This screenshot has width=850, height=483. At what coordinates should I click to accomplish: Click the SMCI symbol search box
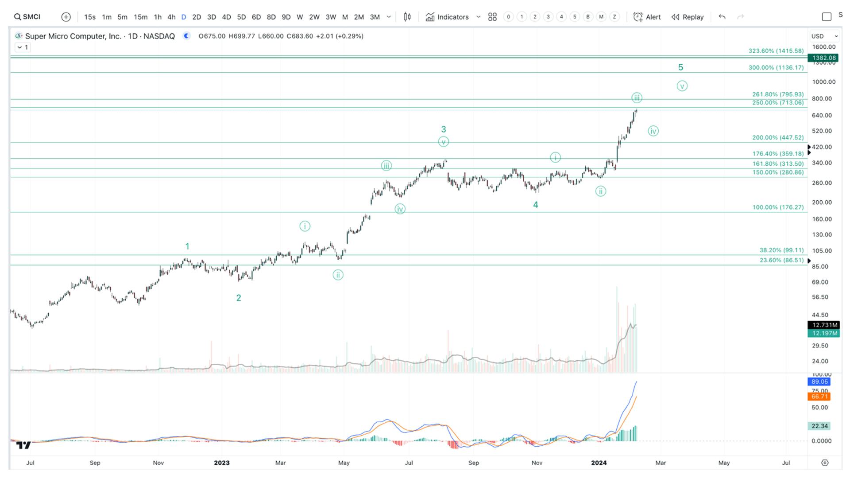point(27,17)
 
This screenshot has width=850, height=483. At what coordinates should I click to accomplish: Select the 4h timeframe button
point(171,17)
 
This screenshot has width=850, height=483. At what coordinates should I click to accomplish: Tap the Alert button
point(647,17)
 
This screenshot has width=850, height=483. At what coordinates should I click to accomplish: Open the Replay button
point(688,17)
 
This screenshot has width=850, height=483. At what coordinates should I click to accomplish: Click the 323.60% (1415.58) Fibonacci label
point(776,51)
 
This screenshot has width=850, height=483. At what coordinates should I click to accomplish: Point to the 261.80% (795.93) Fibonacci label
point(778,94)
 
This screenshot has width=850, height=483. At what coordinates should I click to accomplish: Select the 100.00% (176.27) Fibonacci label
point(778,207)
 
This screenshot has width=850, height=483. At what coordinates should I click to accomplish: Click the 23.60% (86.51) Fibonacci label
point(781,260)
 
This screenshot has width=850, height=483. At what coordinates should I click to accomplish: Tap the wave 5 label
point(680,67)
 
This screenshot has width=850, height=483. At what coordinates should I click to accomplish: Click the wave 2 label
point(239,298)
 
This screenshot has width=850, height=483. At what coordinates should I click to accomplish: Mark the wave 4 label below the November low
point(536,205)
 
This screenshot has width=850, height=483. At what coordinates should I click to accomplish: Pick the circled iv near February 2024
point(653,131)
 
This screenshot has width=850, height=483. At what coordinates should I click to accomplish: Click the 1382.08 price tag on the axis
point(823,58)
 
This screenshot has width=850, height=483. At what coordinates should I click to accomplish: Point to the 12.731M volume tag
point(823,325)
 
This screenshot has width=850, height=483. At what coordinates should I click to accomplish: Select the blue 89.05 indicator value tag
point(819,382)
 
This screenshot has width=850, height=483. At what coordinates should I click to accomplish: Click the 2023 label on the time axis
point(221,463)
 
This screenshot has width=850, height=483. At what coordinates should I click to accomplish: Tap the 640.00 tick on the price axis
point(822,115)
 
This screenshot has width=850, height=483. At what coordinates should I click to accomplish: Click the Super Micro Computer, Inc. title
point(73,36)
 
